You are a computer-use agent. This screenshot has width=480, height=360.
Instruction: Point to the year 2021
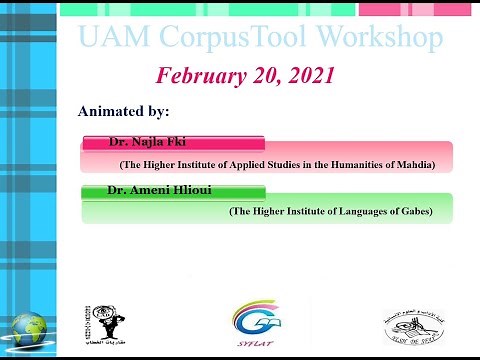[x=307, y=76]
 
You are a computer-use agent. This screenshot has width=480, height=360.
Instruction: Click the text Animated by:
[x=124, y=109]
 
